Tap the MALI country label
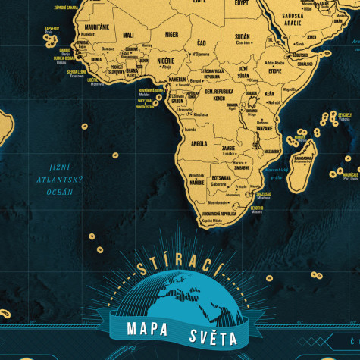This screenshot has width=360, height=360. (128, 34)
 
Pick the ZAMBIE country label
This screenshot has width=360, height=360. (229, 149)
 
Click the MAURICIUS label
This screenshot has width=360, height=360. (349, 175)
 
